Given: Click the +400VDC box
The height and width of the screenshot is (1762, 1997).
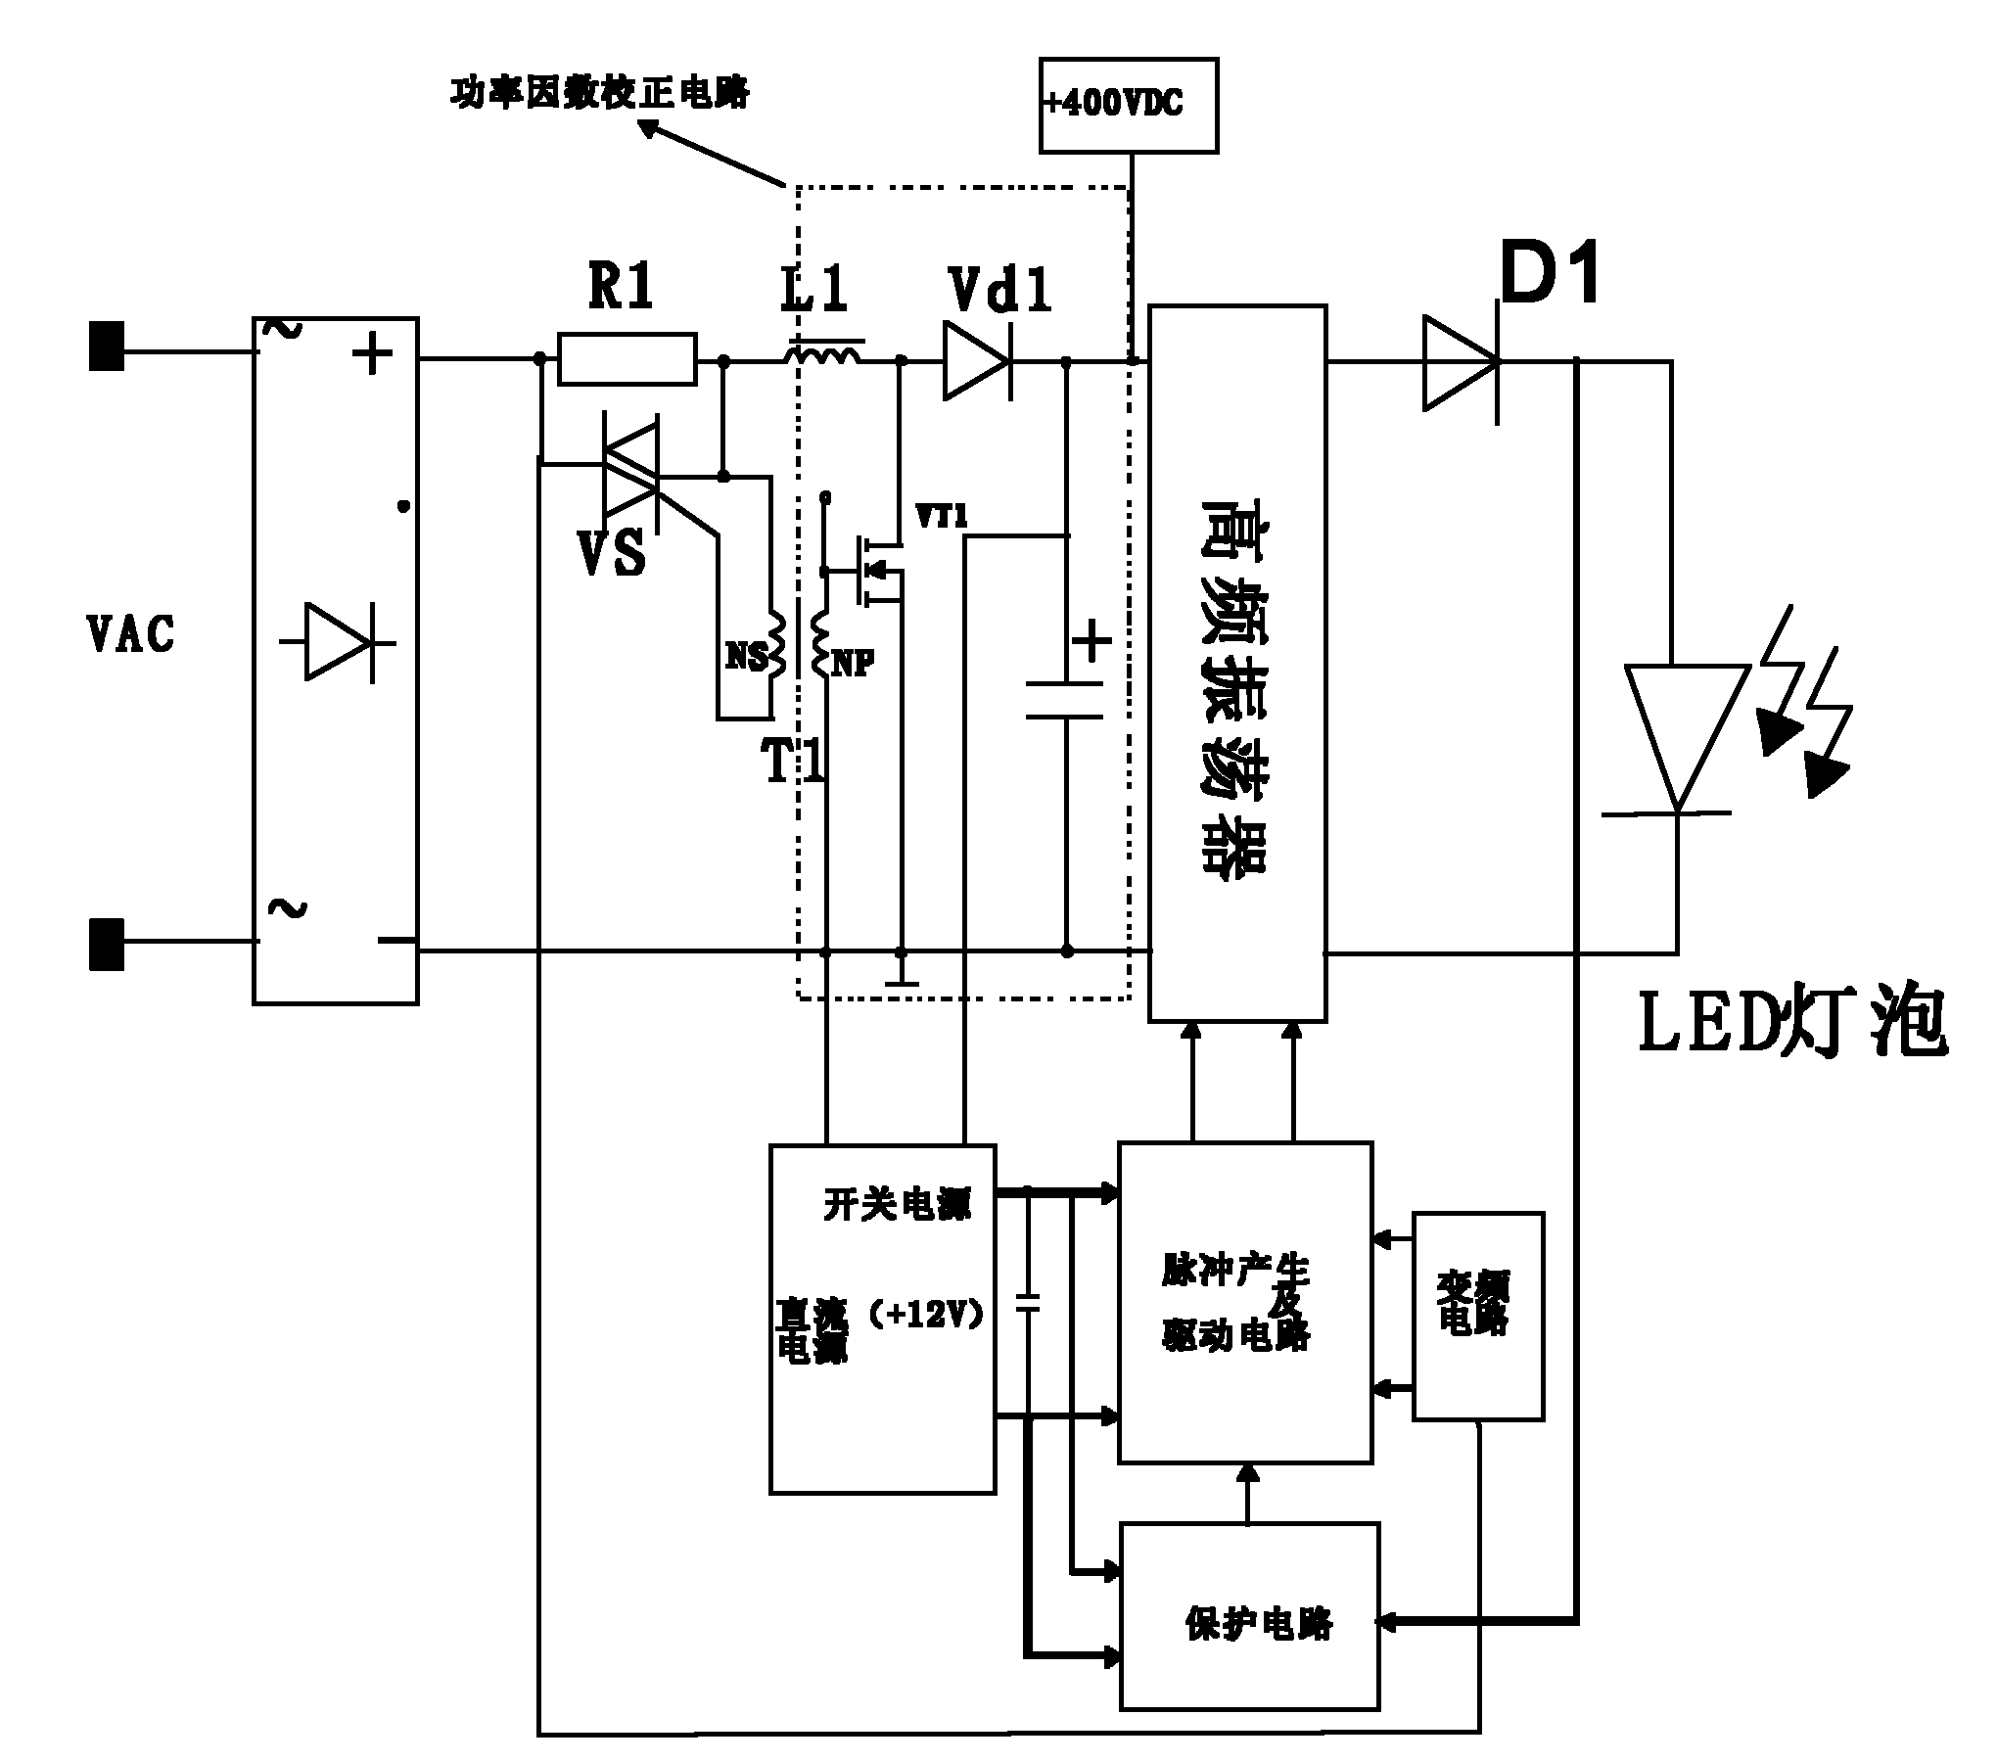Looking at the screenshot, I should point(1128,105).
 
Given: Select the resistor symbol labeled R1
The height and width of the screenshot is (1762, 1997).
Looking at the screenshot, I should point(627,359).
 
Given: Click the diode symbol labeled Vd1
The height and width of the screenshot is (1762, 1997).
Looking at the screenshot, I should point(976,362).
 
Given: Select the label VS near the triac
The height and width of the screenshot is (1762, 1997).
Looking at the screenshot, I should point(612,553).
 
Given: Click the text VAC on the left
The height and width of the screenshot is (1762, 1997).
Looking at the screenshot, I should point(131,634).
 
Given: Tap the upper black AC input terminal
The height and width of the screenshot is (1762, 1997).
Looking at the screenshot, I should point(107,347).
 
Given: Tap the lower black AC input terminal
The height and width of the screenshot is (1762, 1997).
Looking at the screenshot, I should point(107,944).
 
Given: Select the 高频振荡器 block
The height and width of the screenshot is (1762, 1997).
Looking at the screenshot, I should point(1236,664).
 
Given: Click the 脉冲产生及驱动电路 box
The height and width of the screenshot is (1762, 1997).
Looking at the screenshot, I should point(1244,1302).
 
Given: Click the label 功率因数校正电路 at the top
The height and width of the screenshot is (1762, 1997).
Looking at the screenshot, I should point(599,94).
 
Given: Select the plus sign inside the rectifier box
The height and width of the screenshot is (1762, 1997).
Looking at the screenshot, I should point(372,353).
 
